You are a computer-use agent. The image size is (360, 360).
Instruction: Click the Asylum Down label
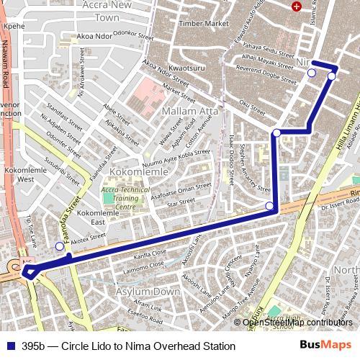tap(153, 292)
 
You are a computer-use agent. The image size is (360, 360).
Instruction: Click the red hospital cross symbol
tap(296, 6)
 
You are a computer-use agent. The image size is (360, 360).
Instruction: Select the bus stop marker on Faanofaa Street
tap(59, 246)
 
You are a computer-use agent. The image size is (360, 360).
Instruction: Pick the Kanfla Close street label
tap(150, 253)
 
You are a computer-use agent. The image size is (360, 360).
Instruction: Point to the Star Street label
tap(181, 204)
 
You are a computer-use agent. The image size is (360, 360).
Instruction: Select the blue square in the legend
tap(9, 346)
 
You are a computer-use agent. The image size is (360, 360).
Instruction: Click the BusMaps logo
tap(325, 346)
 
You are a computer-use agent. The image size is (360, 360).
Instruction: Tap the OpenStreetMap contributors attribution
tap(297, 322)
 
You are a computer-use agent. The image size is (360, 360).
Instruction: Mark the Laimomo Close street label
tap(144, 271)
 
